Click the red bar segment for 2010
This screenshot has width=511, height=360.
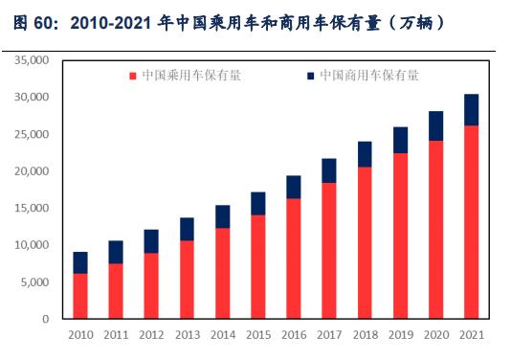[x=80, y=296]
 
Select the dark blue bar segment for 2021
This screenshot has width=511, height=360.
[x=471, y=110]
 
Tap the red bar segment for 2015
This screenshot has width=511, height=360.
[x=257, y=266]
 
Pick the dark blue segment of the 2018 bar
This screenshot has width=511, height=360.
[x=365, y=154]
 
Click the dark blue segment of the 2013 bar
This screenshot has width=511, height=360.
[x=187, y=229]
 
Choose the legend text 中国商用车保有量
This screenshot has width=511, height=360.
[x=367, y=75]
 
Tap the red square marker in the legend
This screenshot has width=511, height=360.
[x=133, y=75]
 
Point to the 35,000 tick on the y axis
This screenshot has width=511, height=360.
[x=33, y=60]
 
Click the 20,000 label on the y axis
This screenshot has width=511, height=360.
[x=33, y=171]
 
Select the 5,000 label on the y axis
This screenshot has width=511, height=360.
[x=35, y=282]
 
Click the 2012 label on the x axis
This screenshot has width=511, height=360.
[x=151, y=334]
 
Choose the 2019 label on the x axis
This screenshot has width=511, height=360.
[x=400, y=334]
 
